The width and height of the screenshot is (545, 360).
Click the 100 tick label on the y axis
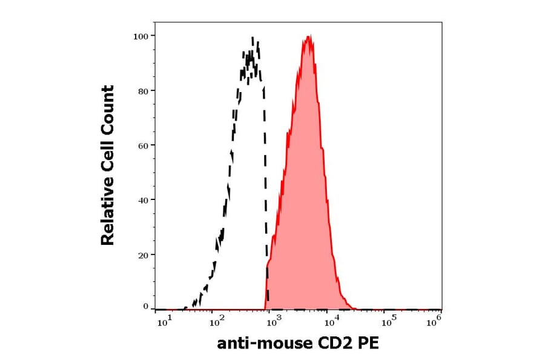[x=140, y=36]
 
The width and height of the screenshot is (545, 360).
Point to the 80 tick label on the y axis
[x=143, y=91]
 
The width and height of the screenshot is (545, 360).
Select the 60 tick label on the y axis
[x=143, y=145]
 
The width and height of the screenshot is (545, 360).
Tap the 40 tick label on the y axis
[x=143, y=200]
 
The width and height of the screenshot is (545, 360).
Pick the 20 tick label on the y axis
[x=143, y=255]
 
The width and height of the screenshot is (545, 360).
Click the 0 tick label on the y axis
[x=145, y=307]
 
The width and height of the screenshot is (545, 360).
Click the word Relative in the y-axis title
[x=108, y=218]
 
